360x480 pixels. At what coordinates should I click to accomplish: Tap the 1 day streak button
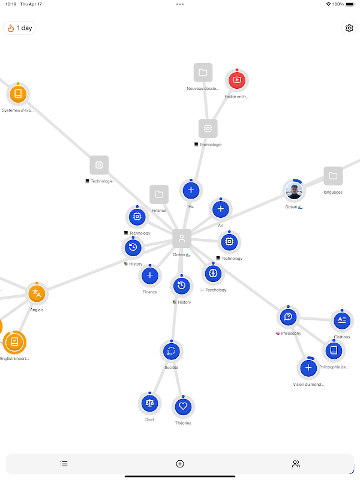tap(20, 28)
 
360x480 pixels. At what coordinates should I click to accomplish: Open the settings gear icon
tap(349, 28)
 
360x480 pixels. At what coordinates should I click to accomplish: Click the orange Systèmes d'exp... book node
tap(18, 94)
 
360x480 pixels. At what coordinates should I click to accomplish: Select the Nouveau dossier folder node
tap(203, 73)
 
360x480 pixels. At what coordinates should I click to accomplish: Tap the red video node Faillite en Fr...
tap(236, 80)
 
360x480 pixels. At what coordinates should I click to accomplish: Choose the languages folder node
tap(333, 176)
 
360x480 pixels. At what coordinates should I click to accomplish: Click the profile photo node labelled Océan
tap(293, 191)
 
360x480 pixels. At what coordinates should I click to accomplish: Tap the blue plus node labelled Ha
tap(191, 191)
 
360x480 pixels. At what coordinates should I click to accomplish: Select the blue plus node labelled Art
tap(220, 209)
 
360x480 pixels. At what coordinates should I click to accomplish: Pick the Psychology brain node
tap(212, 274)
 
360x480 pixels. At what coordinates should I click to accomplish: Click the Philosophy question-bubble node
tap(289, 317)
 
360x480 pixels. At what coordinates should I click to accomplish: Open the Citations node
tap(341, 320)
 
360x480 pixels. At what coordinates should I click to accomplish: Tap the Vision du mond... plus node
tap(308, 367)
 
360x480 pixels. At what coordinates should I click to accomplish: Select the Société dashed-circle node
tap(172, 351)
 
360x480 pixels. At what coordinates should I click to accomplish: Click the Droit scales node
tap(150, 403)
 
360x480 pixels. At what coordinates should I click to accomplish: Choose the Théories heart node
tap(184, 406)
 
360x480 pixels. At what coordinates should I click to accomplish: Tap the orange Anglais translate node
tap(37, 293)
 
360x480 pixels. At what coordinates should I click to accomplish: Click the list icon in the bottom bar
tap(64, 464)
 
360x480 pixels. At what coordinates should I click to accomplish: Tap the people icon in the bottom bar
tap(296, 464)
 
